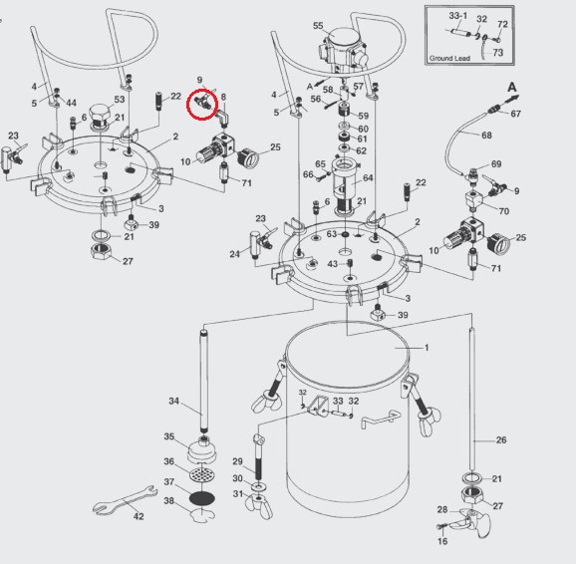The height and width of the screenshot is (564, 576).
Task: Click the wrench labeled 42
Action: click(125, 500)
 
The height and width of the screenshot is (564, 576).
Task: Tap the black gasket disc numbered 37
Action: click(201, 498)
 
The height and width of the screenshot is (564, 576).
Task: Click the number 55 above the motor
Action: click(318, 26)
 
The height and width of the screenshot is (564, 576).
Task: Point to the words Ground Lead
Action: click(449, 58)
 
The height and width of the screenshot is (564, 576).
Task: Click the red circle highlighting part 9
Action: click(202, 105)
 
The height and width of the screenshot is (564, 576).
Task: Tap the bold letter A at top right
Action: click(511, 88)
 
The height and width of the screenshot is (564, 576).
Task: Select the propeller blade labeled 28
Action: click(475, 521)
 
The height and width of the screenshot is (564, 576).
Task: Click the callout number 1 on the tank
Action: click(427, 347)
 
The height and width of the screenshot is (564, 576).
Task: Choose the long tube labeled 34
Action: click(203, 382)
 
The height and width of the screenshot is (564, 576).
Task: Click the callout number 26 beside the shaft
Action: click(501, 439)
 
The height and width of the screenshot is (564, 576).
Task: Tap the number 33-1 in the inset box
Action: click(458, 16)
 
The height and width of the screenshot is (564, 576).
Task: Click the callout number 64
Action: click(368, 177)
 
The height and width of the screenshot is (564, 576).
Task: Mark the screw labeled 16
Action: click(441, 527)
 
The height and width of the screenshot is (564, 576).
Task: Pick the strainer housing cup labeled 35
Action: click(201, 450)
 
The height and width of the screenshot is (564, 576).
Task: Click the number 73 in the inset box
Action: click(497, 53)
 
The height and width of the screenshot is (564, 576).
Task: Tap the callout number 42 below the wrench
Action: click(139, 516)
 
